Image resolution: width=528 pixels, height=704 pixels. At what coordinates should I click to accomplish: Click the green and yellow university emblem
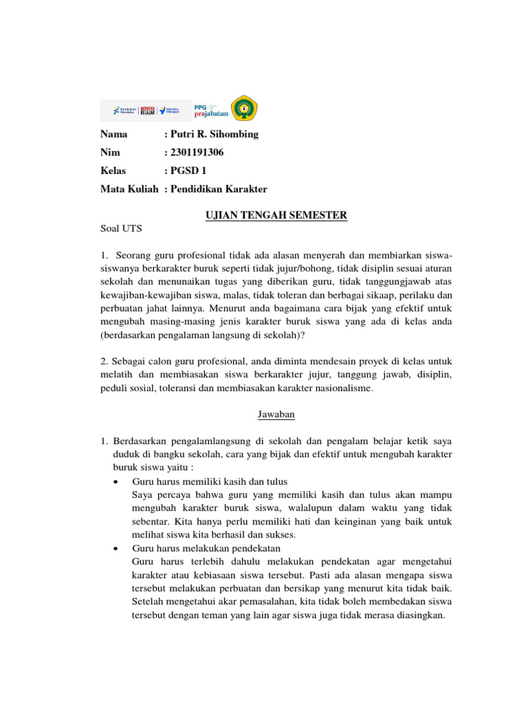point(243,109)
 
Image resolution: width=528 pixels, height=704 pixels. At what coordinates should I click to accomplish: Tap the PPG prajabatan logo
point(210,109)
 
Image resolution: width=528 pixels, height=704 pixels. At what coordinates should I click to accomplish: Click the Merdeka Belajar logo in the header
point(146,110)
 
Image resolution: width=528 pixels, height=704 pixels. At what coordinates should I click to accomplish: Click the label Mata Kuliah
point(129,189)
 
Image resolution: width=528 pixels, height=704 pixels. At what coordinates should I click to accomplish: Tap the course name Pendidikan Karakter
point(219,189)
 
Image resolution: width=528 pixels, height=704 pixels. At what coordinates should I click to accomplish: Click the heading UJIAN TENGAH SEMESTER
point(276,216)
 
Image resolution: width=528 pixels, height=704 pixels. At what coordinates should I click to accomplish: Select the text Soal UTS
point(120,229)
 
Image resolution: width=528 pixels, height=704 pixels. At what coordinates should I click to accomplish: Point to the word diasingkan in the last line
point(420,615)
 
